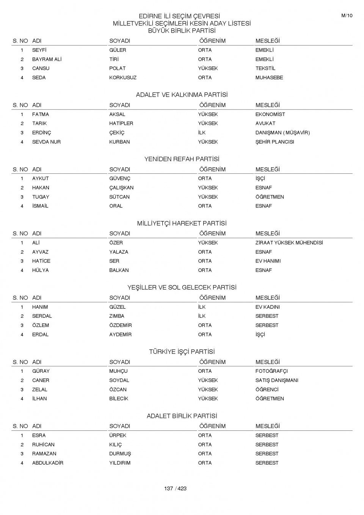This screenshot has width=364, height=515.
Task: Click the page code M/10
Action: click(x=347, y=16)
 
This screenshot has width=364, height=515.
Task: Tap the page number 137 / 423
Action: click(x=175, y=488)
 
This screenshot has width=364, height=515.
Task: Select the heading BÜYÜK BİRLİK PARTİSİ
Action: click(x=182, y=31)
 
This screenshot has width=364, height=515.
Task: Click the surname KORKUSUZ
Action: click(x=123, y=78)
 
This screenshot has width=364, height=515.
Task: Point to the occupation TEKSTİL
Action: click(x=265, y=69)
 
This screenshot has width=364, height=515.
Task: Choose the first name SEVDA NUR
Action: click(x=46, y=142)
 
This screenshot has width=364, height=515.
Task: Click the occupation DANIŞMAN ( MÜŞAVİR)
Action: click(x=282, y=133)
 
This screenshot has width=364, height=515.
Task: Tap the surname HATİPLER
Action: click(x=121, y=124)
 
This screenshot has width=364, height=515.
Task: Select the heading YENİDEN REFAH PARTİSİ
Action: click(x=182, y=159)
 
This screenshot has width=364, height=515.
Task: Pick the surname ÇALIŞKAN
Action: click(x=121, y=188)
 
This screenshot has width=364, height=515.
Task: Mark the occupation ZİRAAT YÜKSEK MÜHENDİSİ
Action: click(x=289, y=243)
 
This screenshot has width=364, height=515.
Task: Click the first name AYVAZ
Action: click(x=40, y=252)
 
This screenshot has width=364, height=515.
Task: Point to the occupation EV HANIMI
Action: click(x=268, y=261)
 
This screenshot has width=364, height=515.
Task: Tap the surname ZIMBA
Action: click(x=116, y=316)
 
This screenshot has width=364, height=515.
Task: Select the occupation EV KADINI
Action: click(x=267, y=307)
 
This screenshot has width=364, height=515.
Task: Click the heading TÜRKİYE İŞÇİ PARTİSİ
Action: click(x=182, y=352)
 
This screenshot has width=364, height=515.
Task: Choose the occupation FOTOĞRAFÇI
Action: click(x=271, y=371)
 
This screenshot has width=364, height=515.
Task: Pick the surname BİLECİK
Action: click(x=119, y=399)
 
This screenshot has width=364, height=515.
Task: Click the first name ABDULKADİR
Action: click(x=48, y=463)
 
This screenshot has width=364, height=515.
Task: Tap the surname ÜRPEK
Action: click(x=118, y=435)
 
